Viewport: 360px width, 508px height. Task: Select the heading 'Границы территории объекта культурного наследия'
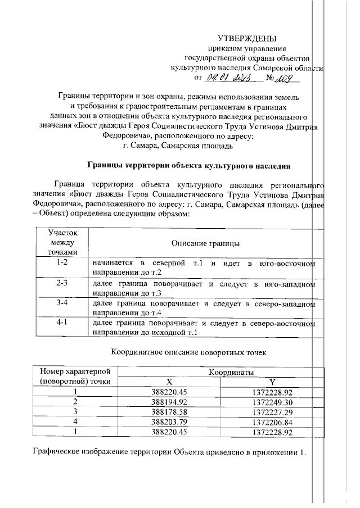[x=190, y=166]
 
